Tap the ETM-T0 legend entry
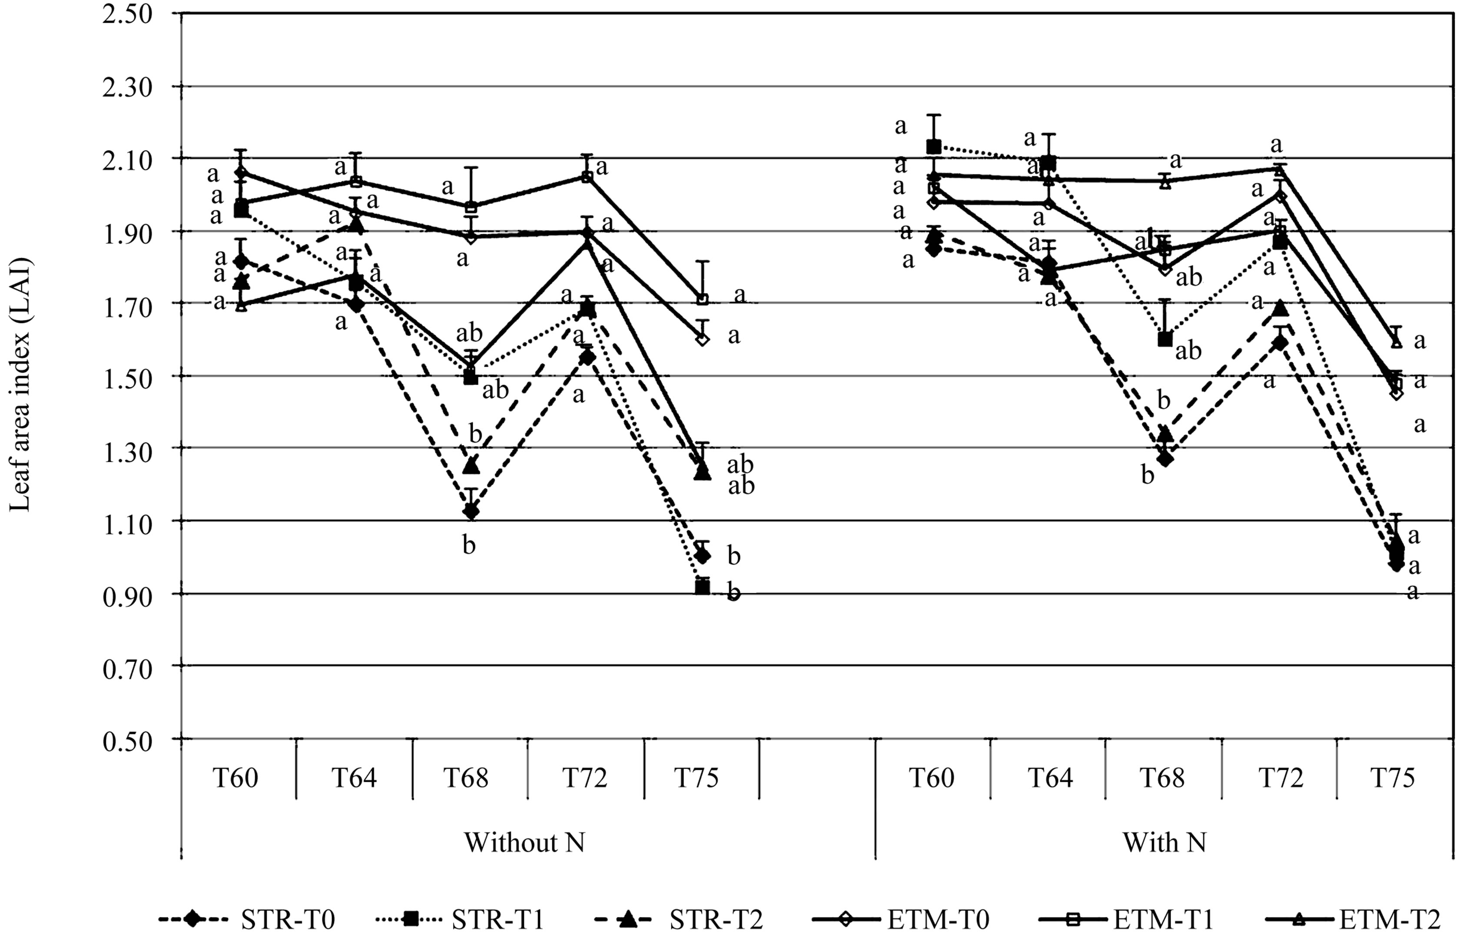click(x=905, y=919)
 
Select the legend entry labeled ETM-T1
click(x=1130, y=919)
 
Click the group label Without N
click(x=524, y=843)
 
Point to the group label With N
click(x=1164, y=843)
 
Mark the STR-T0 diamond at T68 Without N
click(x=470, y=511)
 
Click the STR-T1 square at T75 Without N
click(x=702, y=587)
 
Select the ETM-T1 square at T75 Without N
click(x=702, y=299)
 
